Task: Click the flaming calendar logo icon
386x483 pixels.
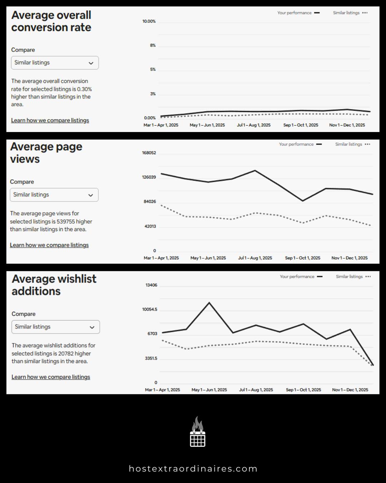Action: click(x=197, y=432)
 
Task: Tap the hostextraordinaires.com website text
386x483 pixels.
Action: click(x=193, y=469)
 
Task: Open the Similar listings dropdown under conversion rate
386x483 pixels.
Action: click(x=55, y=63)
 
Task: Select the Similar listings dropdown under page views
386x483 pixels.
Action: click(x=54, y=195)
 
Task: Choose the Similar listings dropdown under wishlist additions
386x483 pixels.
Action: click(x=55, y=327)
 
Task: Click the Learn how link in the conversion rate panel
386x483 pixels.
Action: click(x=50, y=121)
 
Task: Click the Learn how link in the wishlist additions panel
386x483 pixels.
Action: click(x=51, y=377)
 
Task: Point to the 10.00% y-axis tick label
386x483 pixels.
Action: click(x=149, y=21)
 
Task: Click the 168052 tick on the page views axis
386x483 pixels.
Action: click(x=149, y=153)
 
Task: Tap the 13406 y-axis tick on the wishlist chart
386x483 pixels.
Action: click(x=151, y=285)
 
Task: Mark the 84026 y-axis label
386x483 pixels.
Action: click(x=150, y=202)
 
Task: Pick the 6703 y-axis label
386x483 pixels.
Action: click(x=152, y=334)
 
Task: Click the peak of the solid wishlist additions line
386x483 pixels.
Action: click(x=209, y=303)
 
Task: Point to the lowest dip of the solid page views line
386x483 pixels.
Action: click(x=303, y=201)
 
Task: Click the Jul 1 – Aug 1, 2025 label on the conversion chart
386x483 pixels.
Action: click(x=254, y=125)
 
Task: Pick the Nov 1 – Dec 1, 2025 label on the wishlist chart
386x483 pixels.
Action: click(x=350, y=390)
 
